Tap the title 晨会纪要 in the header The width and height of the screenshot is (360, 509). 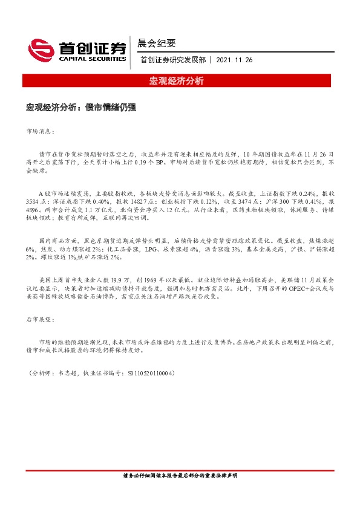click(x=157, y=43)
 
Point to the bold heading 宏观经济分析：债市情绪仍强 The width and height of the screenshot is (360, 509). click(x=80, y=107)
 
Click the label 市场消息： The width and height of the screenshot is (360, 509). click(x=41, y=131)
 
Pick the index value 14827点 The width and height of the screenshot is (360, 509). click(x=137, y=200)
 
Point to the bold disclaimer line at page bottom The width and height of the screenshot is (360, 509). click(x=180, y=476)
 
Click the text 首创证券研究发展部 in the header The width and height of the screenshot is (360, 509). click(x=173, y=60)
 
